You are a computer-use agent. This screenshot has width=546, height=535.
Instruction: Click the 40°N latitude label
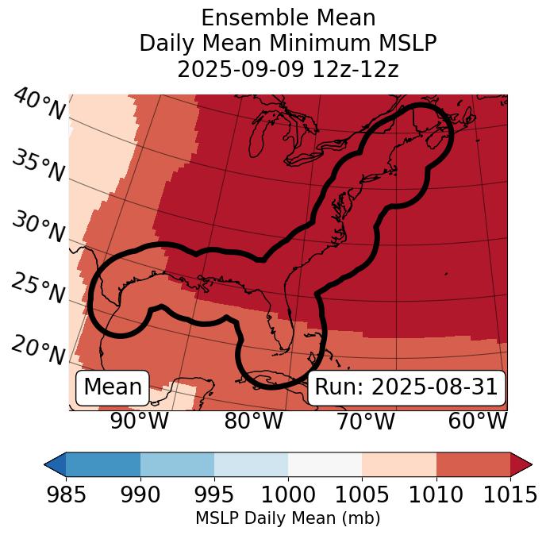[x=38, y=105]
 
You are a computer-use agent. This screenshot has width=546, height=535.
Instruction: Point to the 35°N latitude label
[x=38, y=166]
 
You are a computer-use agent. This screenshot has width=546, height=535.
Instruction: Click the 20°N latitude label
[x=38, y=350]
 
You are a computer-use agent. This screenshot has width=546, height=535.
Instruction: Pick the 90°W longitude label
[x=140, y=421]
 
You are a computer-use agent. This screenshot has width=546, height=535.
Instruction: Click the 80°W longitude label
[x=253, y=421]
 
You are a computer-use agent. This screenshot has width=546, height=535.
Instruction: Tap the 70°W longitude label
[x=365, y=421]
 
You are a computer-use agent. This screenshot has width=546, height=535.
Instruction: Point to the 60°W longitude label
[x=477, y=421]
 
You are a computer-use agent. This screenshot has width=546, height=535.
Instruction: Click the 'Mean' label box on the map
[x=113, y=387]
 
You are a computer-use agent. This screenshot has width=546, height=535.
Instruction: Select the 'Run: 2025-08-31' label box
[x=406, y=387]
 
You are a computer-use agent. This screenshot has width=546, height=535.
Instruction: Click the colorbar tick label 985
[x=66, y=495]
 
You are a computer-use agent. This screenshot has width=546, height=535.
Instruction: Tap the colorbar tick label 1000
[x=288, y=495]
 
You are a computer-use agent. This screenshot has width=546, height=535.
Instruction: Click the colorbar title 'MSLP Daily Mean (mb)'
[x=287, y=518]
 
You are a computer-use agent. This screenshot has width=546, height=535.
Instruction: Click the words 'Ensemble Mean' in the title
[x=287, y=18]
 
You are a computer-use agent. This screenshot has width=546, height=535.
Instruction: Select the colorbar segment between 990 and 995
[x=177, y=464]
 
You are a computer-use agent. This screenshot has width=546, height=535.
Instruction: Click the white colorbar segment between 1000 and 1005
[x=325, y=464]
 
